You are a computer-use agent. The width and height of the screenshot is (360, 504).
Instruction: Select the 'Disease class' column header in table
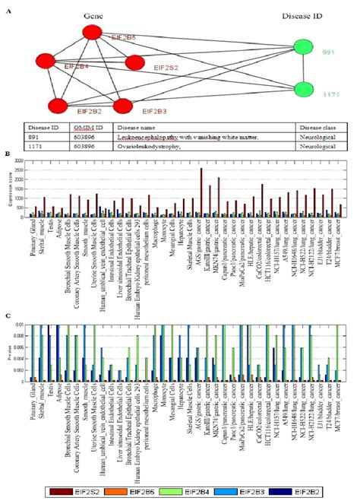(x=318, y=127)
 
